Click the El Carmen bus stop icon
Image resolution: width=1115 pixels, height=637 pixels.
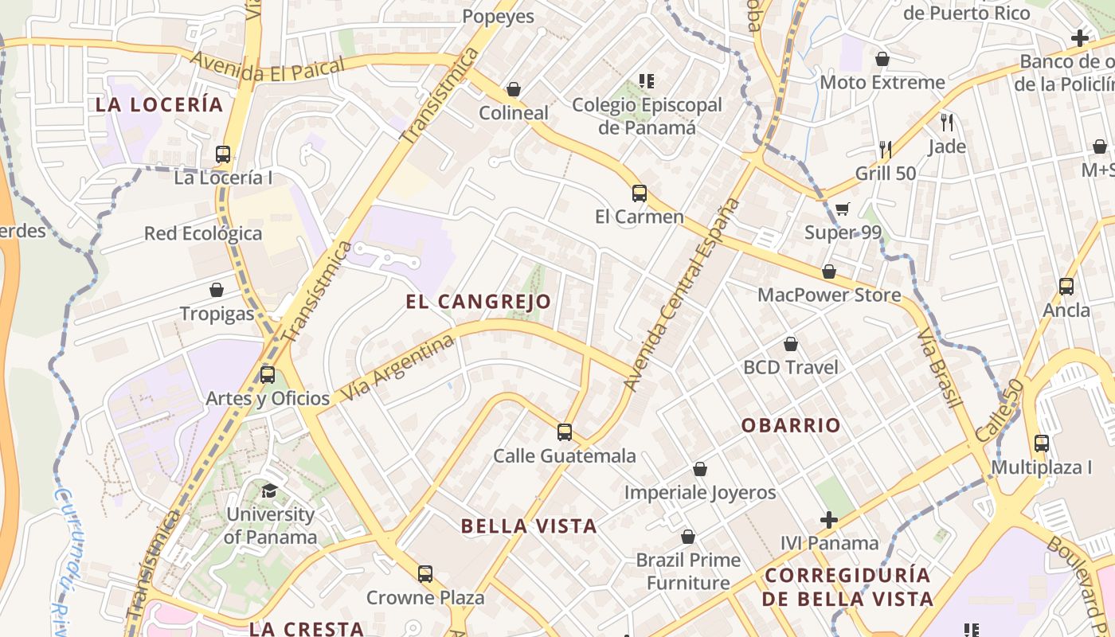click(639, 193)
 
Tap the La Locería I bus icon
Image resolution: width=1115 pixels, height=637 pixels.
click(223, 154)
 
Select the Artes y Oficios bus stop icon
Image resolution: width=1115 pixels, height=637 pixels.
click(268, 374)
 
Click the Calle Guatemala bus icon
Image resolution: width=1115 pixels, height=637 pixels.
click(565, 432)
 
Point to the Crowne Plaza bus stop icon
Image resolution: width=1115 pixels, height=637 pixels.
click(425, 574)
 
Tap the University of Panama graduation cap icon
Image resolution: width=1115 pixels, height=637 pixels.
click(269, 490)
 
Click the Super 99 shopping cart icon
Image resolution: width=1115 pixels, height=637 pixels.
click(842, 209)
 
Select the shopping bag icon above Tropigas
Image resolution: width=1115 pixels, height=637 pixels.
click(217, 290)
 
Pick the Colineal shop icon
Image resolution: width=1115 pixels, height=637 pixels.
click(514, 89)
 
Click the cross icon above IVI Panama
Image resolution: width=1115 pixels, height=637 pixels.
click(829, 520)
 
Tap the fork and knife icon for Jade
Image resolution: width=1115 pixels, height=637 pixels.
click(947, 123)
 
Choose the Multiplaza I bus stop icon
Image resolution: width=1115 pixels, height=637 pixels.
click(1041, 444)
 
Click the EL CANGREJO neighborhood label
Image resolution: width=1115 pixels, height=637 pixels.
click(478, 302)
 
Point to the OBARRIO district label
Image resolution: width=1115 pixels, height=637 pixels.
click(791, 425)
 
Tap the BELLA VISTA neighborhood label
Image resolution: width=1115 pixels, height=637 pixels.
click(529, 526)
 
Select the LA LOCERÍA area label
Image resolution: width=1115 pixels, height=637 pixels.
click(159, 104)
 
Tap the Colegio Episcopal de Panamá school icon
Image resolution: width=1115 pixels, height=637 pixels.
click(646, 81)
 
